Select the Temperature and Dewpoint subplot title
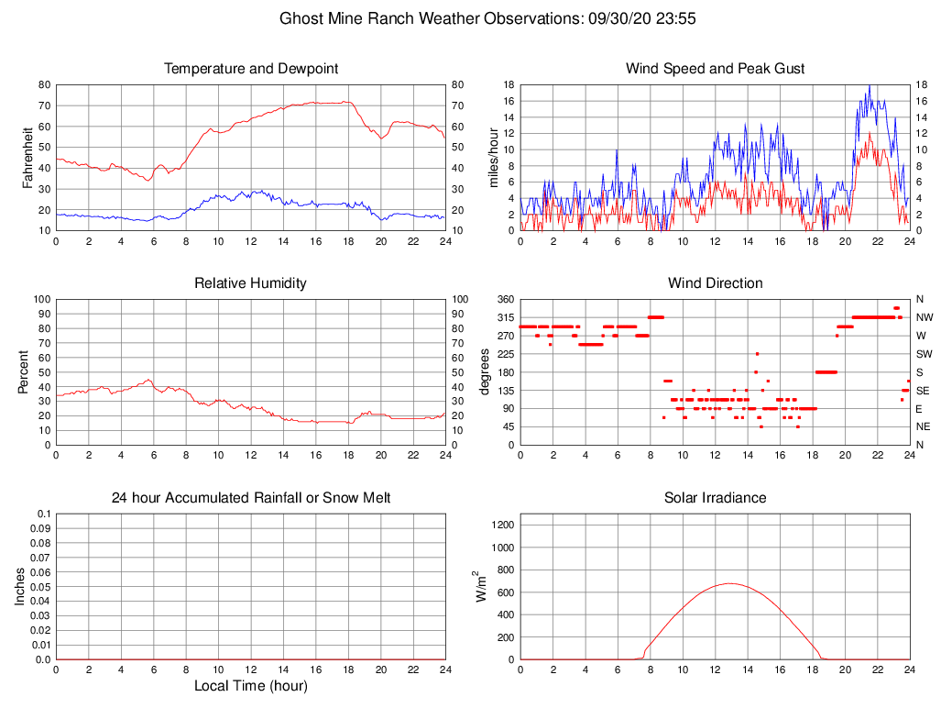(x=250, y=69)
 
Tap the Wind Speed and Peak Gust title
(x=715, y=69)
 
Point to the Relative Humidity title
(x=250, y=283)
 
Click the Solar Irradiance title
(x=715, y=498)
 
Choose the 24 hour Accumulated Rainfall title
(x=250, y=498)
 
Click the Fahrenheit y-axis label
(x=28, y=157)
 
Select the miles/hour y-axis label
(x=494, y=157)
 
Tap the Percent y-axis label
(x=23, y=371)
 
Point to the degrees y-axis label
(x=486, y=371)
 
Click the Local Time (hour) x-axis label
(x=250, y=686)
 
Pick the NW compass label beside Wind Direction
(x=924, y=317)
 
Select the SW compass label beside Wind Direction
(x=924, y=354)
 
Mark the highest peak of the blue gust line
(x=870, y=86)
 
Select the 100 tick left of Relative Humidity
(x=40, y=299)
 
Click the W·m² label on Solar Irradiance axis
(x=479, y=586)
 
